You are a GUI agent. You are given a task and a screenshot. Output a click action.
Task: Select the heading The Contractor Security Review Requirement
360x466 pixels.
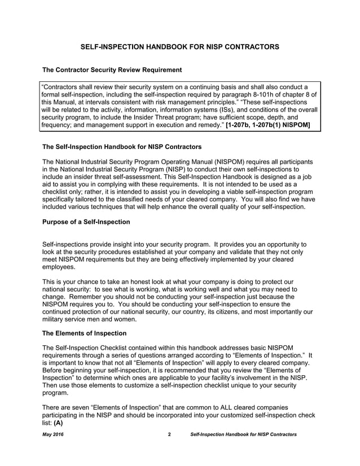coord(112,70)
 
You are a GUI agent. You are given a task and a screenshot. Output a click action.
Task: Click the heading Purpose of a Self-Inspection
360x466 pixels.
coord(86,222)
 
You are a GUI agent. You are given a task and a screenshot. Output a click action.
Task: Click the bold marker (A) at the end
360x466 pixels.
coord(58,421)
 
